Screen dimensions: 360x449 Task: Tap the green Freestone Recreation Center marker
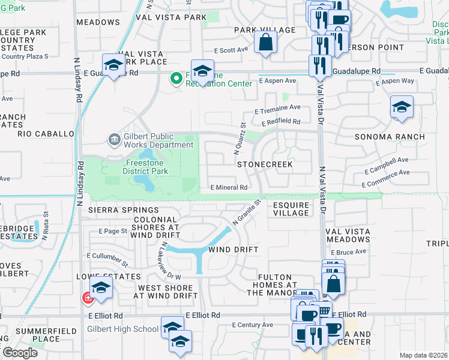click(176, 79)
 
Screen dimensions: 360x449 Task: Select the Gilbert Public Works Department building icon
click(114, 140)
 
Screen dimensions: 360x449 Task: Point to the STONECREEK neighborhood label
click(265, 163)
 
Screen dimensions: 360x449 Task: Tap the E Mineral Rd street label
click(229, 187)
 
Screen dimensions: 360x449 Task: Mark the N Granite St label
click(246, 212)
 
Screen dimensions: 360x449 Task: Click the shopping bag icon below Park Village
click(264, 43)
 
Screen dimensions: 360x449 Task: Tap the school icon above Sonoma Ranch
click(402, 107)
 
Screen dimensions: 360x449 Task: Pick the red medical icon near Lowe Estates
click(88, 297)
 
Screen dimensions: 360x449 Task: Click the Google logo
click(19, 352)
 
